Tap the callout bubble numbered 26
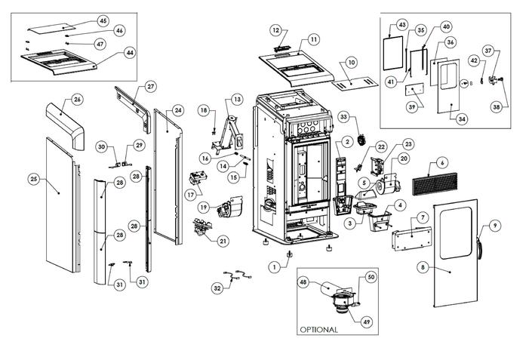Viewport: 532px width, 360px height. (77, 100)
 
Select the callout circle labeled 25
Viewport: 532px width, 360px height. (33, 179)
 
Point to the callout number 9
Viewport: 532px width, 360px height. (495, 225)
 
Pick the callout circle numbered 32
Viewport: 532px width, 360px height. (217, 288)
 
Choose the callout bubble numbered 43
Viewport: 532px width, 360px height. (401, 25)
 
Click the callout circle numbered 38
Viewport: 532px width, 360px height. (497, 107)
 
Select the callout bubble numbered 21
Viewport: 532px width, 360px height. (223, 241)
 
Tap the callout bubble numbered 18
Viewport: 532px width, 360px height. (203, 111)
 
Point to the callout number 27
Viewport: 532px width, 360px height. (151, 87)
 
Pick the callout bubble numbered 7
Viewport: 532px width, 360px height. (423, 217)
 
